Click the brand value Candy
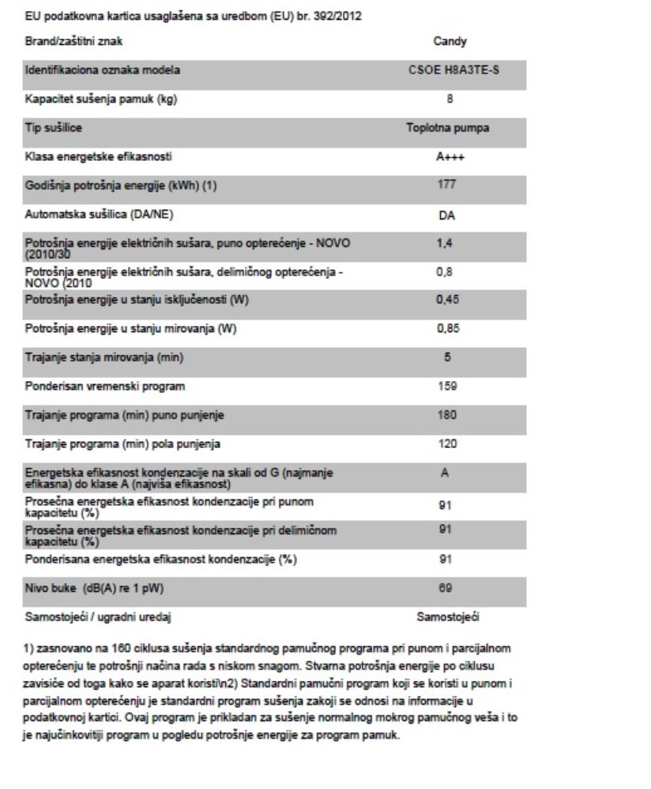(448, 40)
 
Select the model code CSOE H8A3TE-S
(448, 70)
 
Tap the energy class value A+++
(448, 157)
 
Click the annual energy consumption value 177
(448, 185)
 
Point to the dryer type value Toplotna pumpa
(448, 128)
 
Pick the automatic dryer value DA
(448, 215)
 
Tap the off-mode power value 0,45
(448, 301)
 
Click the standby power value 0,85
(448, 330)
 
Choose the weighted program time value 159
(448, 387)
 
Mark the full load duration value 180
(448, 416)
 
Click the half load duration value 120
(448, 444)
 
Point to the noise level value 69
(448, 589)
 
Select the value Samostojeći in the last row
(448, 617)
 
